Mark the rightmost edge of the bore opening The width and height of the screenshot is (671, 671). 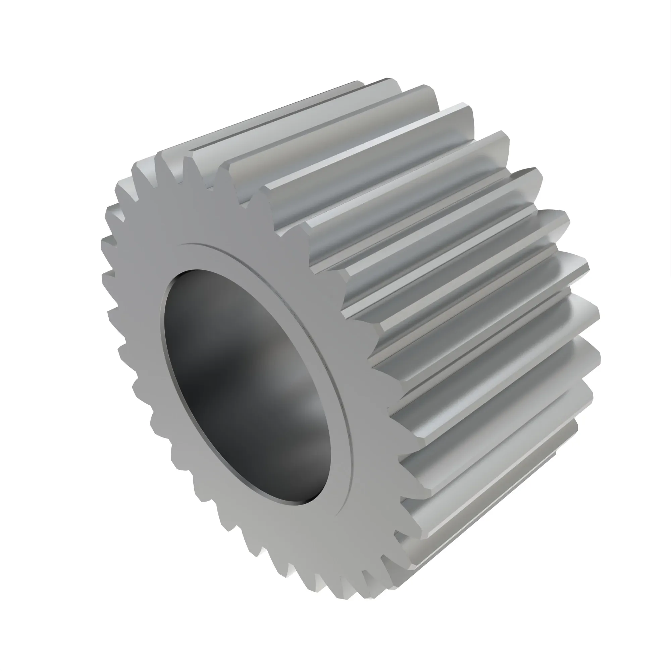(x=331, y=448)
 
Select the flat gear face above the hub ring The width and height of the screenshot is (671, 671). (x=222, y=215)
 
